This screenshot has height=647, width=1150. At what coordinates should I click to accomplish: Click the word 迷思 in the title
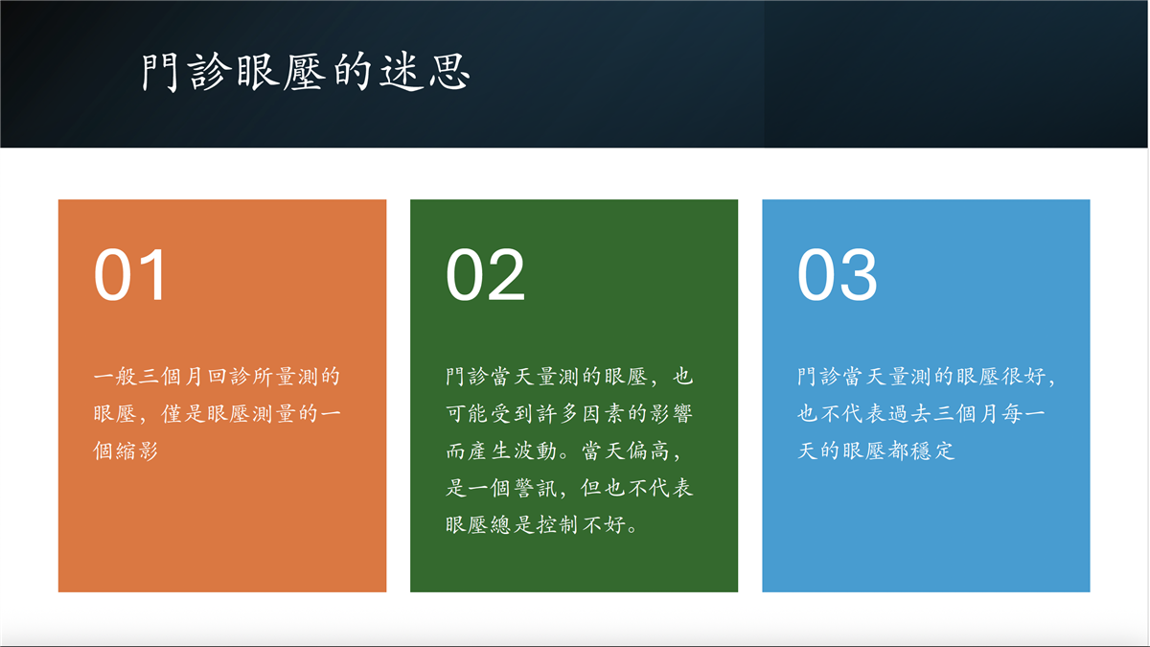coord(425,71)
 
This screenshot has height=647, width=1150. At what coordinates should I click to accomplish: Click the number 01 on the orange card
coord(130,275)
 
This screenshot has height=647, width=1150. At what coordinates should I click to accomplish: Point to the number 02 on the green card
coord(485,275)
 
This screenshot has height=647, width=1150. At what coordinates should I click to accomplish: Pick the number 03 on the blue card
coord(838,275)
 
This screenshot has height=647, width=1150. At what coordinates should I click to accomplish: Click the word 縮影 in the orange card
coord(137,451)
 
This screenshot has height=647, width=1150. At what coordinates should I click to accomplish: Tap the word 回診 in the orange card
coord(228,377)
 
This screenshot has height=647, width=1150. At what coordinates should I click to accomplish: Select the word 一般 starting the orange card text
coord(114,377)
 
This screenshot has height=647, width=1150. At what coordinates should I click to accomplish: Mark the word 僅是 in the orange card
coord(183,413)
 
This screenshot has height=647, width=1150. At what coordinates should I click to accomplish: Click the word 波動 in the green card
coord(535,451)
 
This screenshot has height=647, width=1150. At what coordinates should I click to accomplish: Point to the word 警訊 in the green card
coord(535,488)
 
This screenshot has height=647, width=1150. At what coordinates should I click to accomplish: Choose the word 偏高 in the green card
coord(648,451)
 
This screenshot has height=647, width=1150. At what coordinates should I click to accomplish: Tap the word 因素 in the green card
coord(604,413)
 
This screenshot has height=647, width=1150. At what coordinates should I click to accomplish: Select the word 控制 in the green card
coord(558,525)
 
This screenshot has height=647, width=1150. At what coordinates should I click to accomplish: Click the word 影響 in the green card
coord(672,413)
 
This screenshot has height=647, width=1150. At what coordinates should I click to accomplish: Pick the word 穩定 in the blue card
coord(933,451)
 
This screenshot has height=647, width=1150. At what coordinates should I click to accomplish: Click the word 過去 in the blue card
coord(909,413)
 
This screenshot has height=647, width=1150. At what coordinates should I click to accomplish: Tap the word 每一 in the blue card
coord(1023,413)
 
